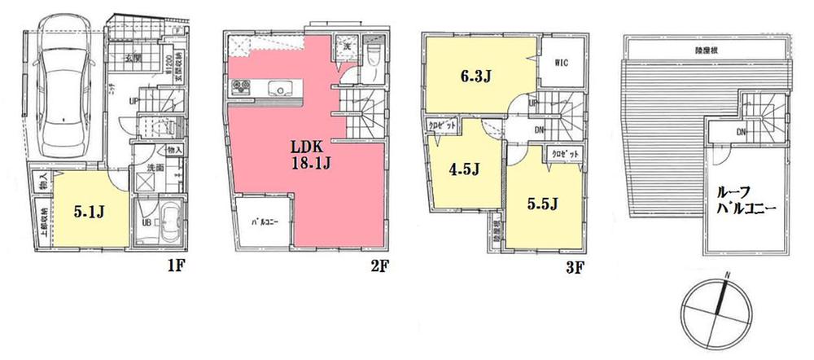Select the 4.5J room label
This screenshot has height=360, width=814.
pos(462,170)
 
